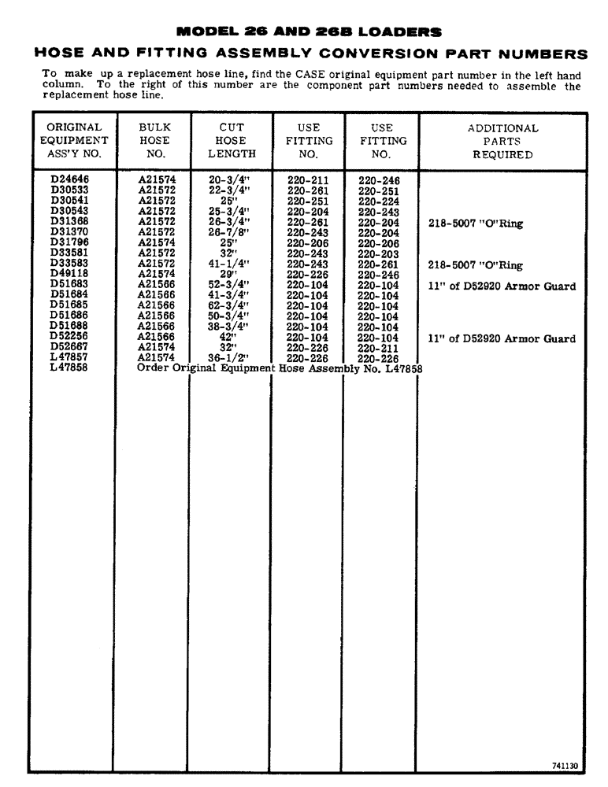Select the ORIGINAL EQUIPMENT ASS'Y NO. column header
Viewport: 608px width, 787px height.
[x=74, y=141]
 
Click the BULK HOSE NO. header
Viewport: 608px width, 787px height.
[x=154, y=141]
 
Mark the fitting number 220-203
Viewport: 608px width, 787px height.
[x=378, y=255]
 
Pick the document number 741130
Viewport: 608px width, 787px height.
[x=565, y=764]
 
